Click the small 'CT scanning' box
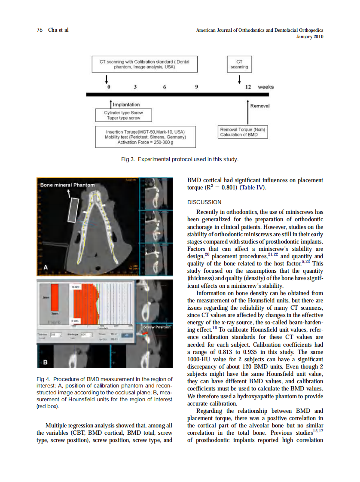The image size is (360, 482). click(x=239, y=64)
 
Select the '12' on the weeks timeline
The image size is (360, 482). click(x=248, y=87)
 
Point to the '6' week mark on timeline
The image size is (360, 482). click(x=165, y=87)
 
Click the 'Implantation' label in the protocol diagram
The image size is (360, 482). click(x=126, y=104)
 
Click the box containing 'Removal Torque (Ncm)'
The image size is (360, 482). click(x=243, y=132)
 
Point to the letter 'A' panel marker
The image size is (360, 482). click(x=46, y=267)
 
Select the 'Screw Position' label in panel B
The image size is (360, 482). click(x=157, y=327)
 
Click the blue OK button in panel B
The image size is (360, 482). click(x=127, y=336)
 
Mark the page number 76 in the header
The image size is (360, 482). click(x=40, y=30)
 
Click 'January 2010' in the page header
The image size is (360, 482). click(x=310, y=37)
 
